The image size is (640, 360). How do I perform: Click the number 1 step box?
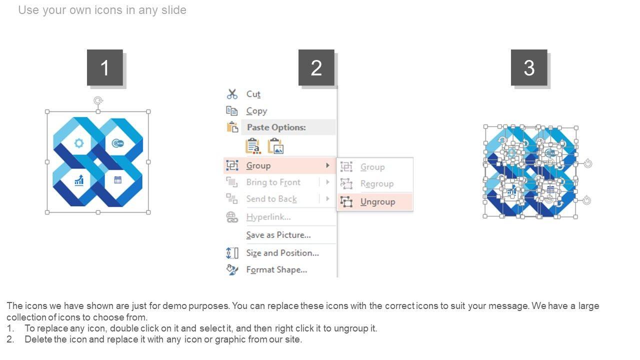[x=105, y=67]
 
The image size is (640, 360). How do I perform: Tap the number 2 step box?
[x=316, y=67]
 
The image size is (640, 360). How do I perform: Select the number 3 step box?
[x=529, y=67]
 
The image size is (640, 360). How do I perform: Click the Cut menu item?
[x=253, y=94]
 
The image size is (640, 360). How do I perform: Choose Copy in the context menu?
[x=256, y=111]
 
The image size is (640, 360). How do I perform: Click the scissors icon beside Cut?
[x=232, y=94]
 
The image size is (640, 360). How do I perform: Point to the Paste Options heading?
[x=276, y=127]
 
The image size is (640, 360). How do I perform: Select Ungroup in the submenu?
[x=377, y=201]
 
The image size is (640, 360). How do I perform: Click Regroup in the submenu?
[x=376, y=184]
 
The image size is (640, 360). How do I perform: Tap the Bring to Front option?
[x=273, y=182]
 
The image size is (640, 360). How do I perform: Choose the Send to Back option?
[x=271, y=199]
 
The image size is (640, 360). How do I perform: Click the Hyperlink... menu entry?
[x=268, y=217]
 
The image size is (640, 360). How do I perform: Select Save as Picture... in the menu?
[x=278, y=235]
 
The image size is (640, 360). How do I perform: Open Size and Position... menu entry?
[x=282, y=253]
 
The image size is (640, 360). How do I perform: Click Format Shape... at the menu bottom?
[x=276, y=270]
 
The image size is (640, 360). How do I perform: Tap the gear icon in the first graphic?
[x=79, y=143]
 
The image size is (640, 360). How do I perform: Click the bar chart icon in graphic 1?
[x=79, y=180]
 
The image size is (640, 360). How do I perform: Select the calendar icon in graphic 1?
[x=118, y=180]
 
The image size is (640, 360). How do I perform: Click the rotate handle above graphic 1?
[x=98, y=101]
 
